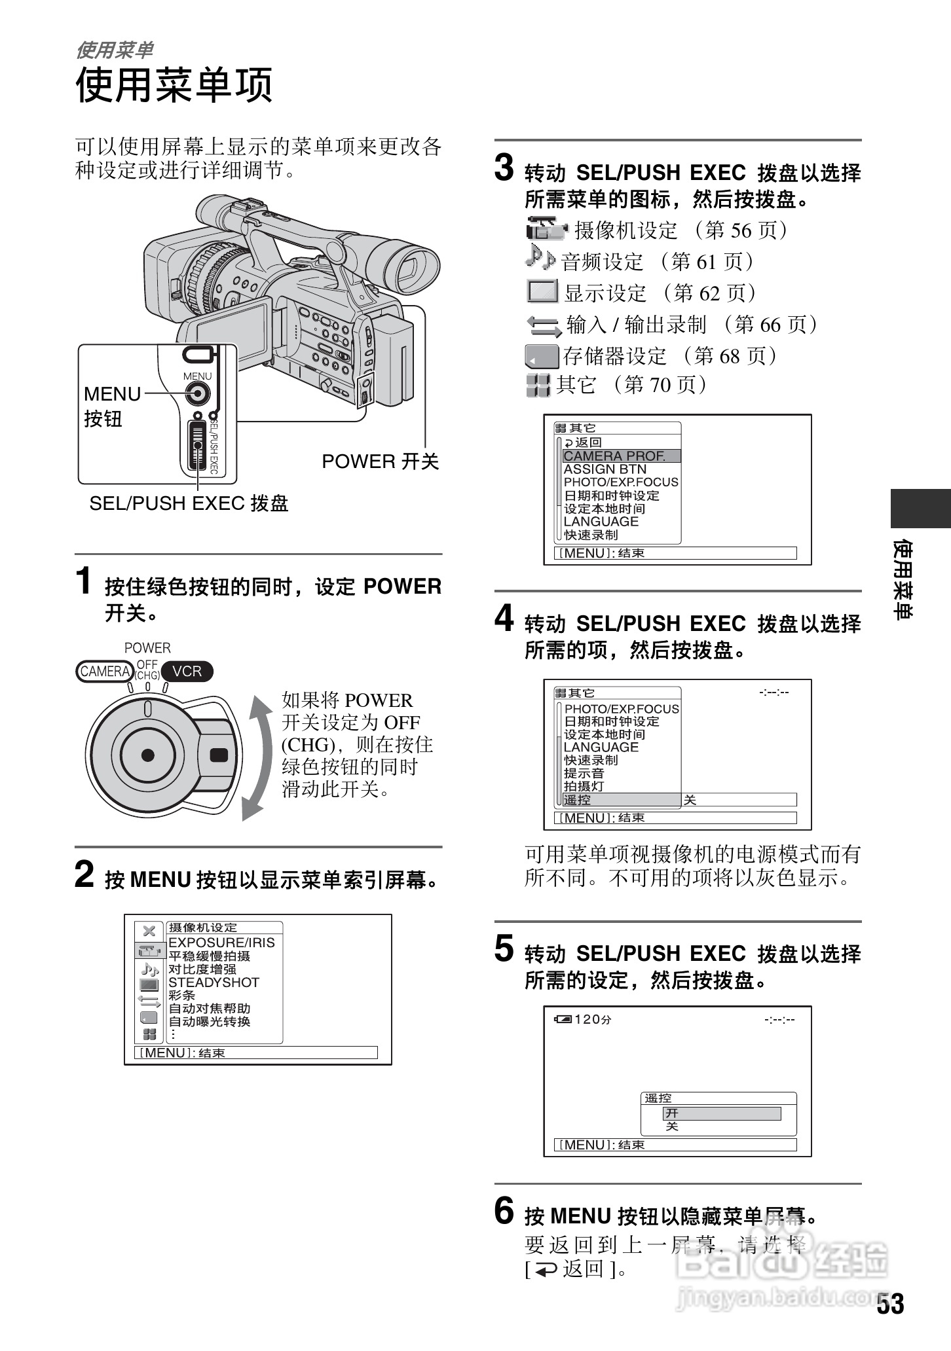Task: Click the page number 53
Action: coord(890,1304)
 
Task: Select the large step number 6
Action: coord(504,1210)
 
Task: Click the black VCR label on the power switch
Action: coord(187,672)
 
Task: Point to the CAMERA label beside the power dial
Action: coord(105,672)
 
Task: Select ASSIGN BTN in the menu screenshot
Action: coord(605,469)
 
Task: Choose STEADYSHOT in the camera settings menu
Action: coord(214,982)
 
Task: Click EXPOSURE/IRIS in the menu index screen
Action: coord(221,943)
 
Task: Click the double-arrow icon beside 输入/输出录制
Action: coord(544,325)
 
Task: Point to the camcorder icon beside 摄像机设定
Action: coord(546,229)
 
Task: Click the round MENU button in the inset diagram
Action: coord(196,394)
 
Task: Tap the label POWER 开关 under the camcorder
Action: coord(380,461)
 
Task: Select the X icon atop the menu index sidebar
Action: coord(149,931)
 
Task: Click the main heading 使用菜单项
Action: coord(174,85)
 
